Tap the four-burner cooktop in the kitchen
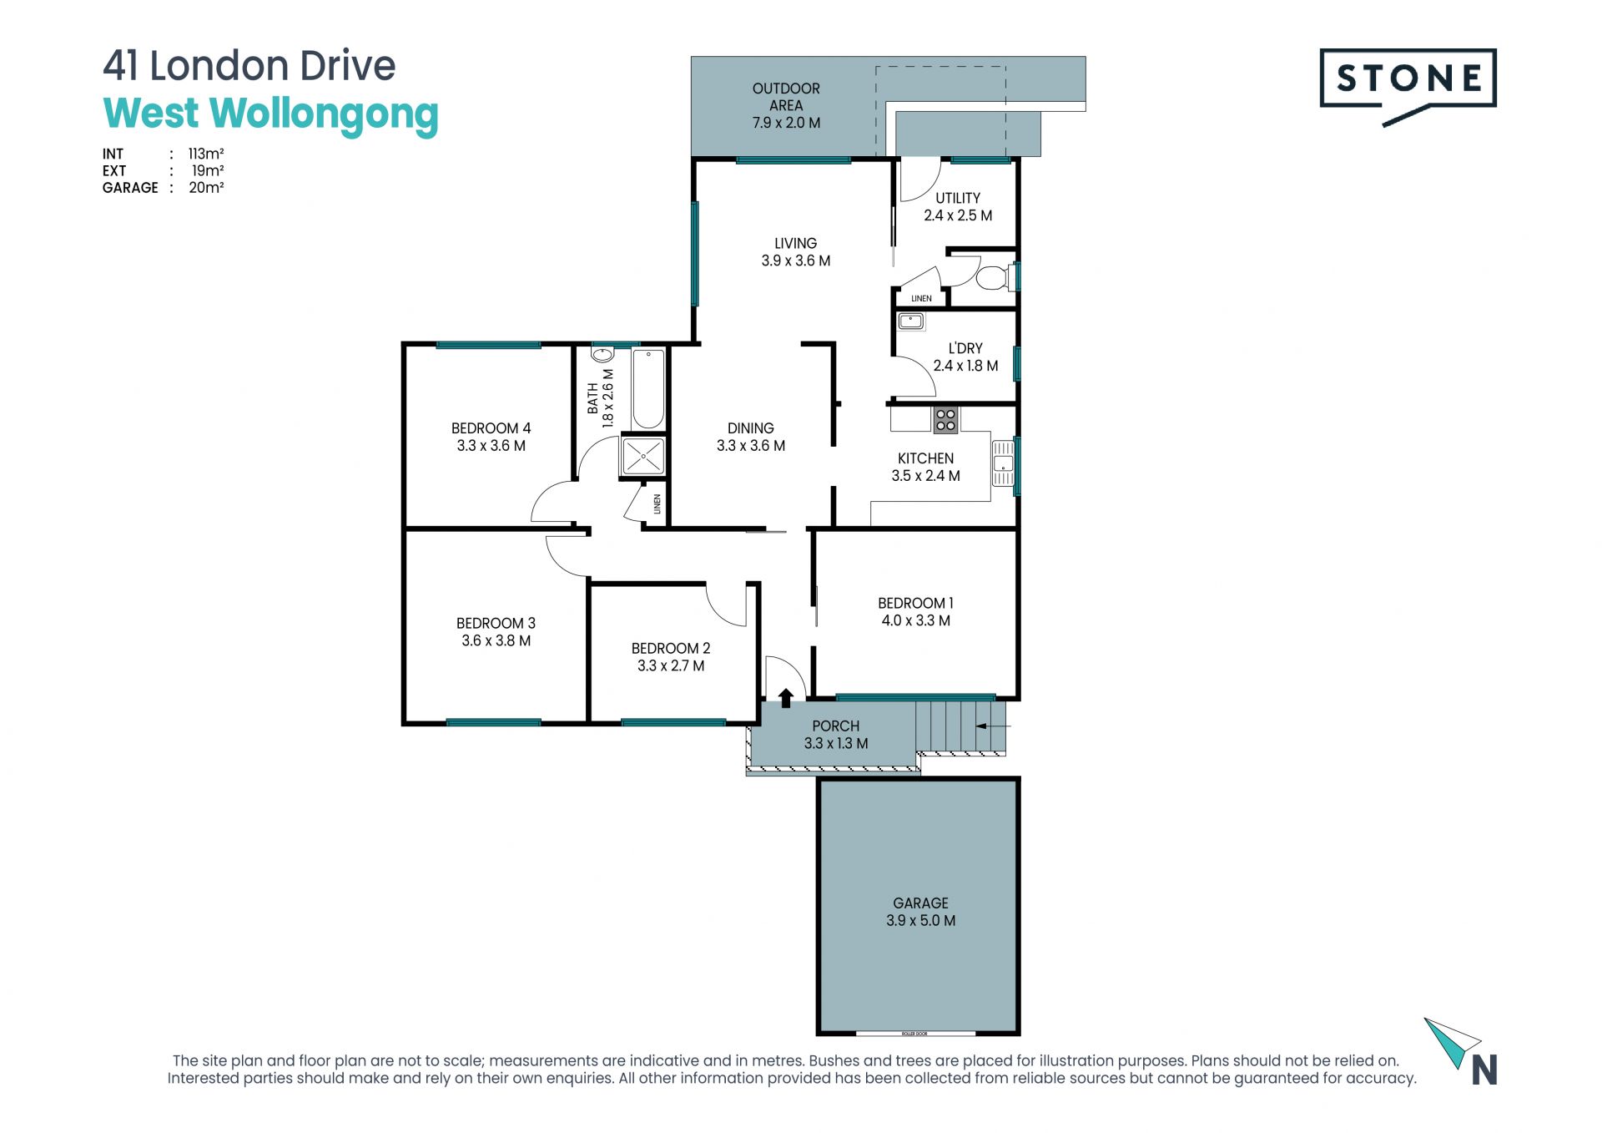[945, 420]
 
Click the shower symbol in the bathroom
[643, 457]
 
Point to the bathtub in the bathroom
[648, 389]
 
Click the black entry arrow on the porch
[785, 698]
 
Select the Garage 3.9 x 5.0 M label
[920, 912]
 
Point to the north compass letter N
[1484, 1070]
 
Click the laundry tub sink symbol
[910, 321]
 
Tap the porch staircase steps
[960, 727]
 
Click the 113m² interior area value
[206, 154]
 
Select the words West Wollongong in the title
[270, 115]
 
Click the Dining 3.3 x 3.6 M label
[751, 437]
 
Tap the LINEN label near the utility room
[921, 298]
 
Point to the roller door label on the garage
[914, 1034]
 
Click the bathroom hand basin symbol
[601, 354]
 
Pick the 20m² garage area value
[206, 188]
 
